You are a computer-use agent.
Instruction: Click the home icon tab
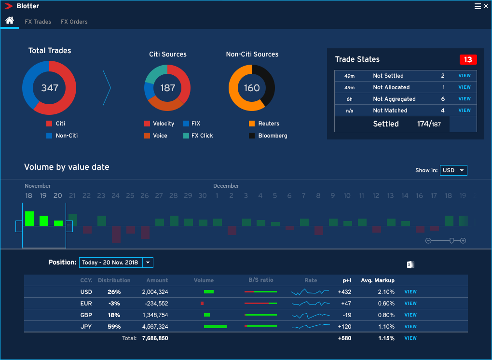[x=9, y=21]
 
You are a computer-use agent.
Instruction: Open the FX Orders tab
[x=74, y=22]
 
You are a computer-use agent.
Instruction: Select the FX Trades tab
[x=38, y=22]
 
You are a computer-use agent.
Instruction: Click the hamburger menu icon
[x=478, y=6]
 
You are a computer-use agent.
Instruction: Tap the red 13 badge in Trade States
[x=468, y=60]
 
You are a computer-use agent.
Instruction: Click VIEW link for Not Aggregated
[x=465, y=99]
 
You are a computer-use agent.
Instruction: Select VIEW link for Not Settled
[x=465, y=76]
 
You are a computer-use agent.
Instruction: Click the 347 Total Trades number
[x=50, y=88]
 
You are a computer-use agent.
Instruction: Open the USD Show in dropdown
[x=453, y=170]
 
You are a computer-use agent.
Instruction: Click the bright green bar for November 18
[x=29, y=219]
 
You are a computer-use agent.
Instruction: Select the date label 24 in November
[x=116, y=195]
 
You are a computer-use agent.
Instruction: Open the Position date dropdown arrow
[x=148, y=263]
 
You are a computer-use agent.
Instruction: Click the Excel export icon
[x=410, y=264]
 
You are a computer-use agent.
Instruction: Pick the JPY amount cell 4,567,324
[x=155, y=327]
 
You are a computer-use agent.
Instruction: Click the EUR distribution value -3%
[x=114, y=304]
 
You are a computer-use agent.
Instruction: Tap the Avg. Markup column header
[x=378, y=280]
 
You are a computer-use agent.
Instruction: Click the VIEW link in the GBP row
[x=410, y=315]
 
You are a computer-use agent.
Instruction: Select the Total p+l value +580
[x=344, y=338]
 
